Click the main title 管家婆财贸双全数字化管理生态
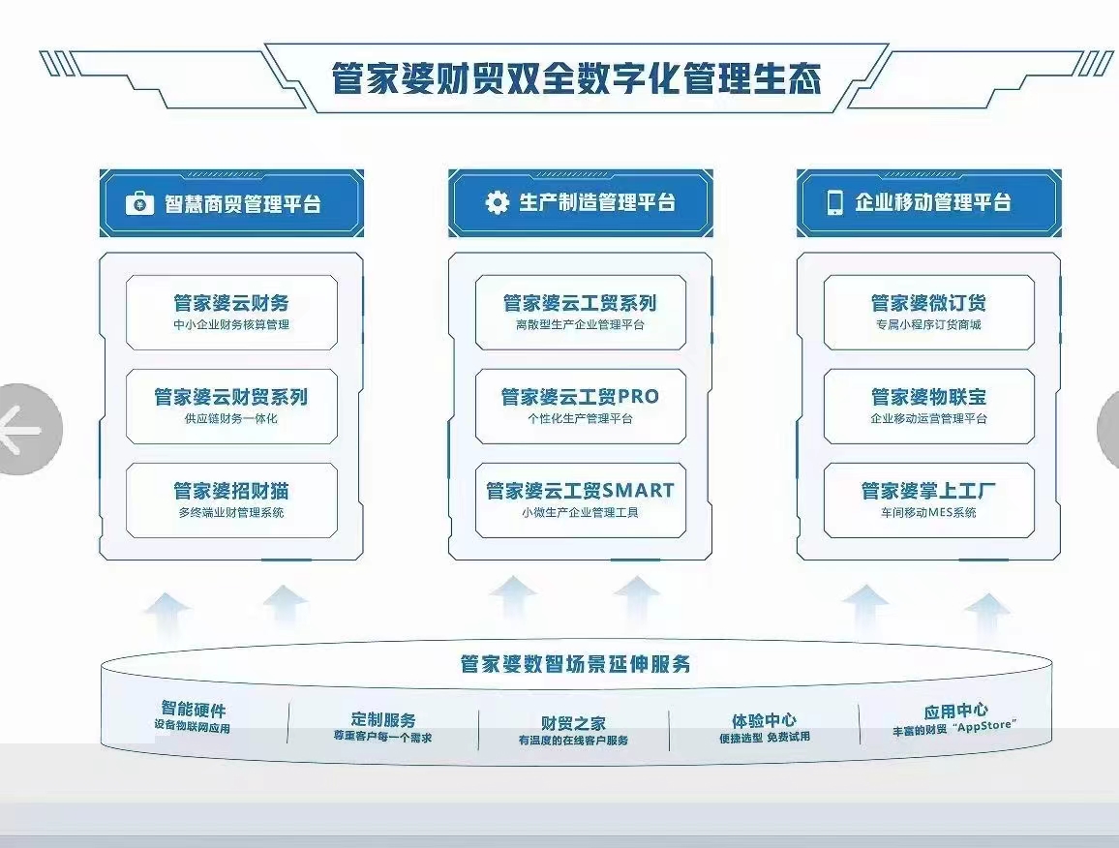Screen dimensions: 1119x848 (x=577, y=77)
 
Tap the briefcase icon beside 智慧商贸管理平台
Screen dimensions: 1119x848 (x=139, y=203)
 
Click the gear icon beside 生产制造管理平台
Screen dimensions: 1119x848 (x=497, y=202)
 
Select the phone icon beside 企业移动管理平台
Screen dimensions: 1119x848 (x=834, y=202)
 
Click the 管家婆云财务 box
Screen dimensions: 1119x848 (x=232, y=313)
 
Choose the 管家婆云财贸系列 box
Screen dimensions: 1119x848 (x=232, y=407)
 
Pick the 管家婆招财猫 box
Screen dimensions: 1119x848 (x=232, y=500)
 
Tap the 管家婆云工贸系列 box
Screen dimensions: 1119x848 (x=580, y=313)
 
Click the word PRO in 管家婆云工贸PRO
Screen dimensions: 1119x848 (x=638, y=396)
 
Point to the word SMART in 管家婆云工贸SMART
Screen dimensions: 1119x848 (x=639, y=491)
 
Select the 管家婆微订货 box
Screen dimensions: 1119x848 (x=928, y=313)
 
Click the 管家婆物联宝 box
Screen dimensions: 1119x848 (x=928, y=407)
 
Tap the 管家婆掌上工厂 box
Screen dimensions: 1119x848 (x=928, y=500)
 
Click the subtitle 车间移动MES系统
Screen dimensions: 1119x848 (x=928, y=512)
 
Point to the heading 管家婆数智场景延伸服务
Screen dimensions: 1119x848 (x=575, y=664)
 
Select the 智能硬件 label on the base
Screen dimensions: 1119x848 (x=194, y=709)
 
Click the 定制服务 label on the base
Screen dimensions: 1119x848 (x=383, y=719)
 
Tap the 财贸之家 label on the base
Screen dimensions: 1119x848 (x=573, y=723)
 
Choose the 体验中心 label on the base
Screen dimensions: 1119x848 (x=764, y=721)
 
